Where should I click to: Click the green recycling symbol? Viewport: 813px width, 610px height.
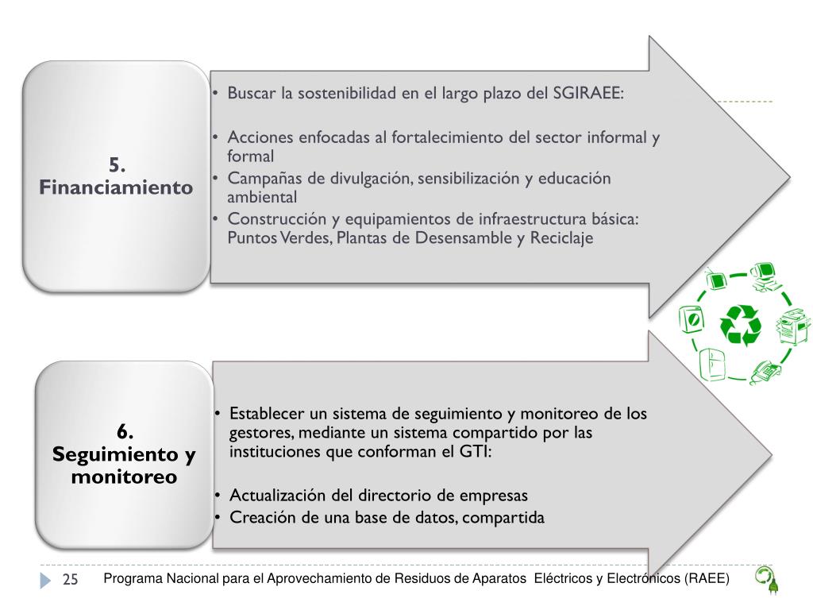click(740, 326)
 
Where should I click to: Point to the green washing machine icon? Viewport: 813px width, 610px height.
click(692, 321)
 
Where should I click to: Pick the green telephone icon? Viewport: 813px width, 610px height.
click(765, 370)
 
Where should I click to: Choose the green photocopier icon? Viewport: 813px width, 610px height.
click(792, 326)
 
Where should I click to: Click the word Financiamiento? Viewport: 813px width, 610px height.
click(116, 188)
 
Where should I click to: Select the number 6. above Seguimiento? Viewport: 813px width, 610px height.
click(125, 432)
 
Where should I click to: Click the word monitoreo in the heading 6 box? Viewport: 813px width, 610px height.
click(124, 478)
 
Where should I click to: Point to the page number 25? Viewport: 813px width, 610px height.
click(70, 580)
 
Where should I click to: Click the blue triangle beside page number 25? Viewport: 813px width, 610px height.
click(45, 581)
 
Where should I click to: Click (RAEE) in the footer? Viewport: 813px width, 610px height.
click(706, 578)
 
